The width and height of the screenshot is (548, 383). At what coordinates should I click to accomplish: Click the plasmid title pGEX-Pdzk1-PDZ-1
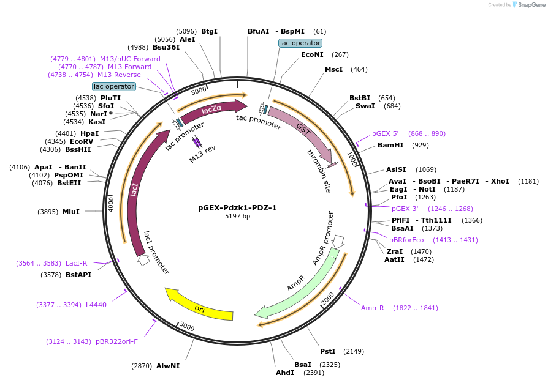237,207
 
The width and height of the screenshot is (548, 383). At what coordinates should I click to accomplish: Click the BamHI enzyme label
390,145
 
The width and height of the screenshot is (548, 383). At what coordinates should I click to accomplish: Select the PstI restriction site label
327,351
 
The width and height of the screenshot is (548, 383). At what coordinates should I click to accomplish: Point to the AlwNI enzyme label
168,366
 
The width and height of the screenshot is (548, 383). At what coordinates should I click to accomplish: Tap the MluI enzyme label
71,212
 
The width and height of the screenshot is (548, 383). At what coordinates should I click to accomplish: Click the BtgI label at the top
209,31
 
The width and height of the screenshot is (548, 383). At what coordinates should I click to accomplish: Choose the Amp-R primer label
372,308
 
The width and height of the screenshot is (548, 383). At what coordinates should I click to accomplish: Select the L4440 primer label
96,305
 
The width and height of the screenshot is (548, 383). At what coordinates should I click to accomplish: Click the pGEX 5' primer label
385,133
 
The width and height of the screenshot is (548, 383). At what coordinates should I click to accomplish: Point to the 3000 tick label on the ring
187,328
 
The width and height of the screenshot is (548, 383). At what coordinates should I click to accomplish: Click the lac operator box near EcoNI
300,43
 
